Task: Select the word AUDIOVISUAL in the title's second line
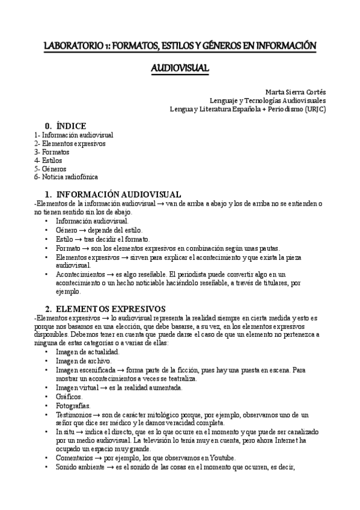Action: point(180,68)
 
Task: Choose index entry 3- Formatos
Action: point(52,152)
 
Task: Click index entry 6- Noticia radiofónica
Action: point(66,177)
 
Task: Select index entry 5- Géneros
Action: point(51,169)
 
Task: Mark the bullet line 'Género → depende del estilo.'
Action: point(99,230)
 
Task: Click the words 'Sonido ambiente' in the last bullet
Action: point(80,467)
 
